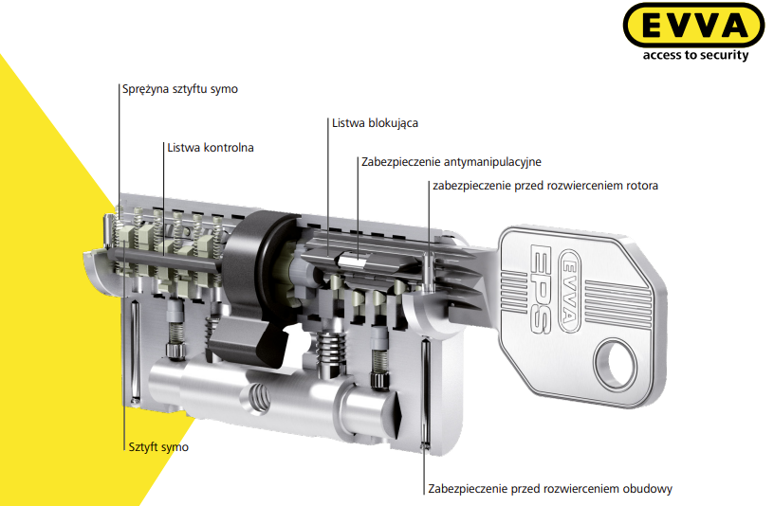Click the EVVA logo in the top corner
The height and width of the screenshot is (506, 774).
coord(693,25)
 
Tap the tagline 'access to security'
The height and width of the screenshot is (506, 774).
coord(695,55)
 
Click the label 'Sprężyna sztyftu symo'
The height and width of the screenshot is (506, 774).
coord(180,89)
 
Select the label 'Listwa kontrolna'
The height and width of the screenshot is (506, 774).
coord(211,148)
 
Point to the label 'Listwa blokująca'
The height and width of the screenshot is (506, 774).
coord(375,123)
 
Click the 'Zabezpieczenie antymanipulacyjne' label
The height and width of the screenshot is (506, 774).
coord(451,162)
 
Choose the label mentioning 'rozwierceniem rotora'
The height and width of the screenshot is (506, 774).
coord(545,186)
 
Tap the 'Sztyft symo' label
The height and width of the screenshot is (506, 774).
coord(158,447)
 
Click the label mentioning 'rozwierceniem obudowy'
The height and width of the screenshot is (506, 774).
coord(550,489)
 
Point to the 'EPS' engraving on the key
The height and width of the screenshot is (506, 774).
coord(539,288)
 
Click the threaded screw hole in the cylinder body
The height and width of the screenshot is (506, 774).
coord(258,396)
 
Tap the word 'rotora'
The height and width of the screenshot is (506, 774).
coord(642,186)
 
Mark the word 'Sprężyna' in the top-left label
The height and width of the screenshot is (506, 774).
coord(144,89)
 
